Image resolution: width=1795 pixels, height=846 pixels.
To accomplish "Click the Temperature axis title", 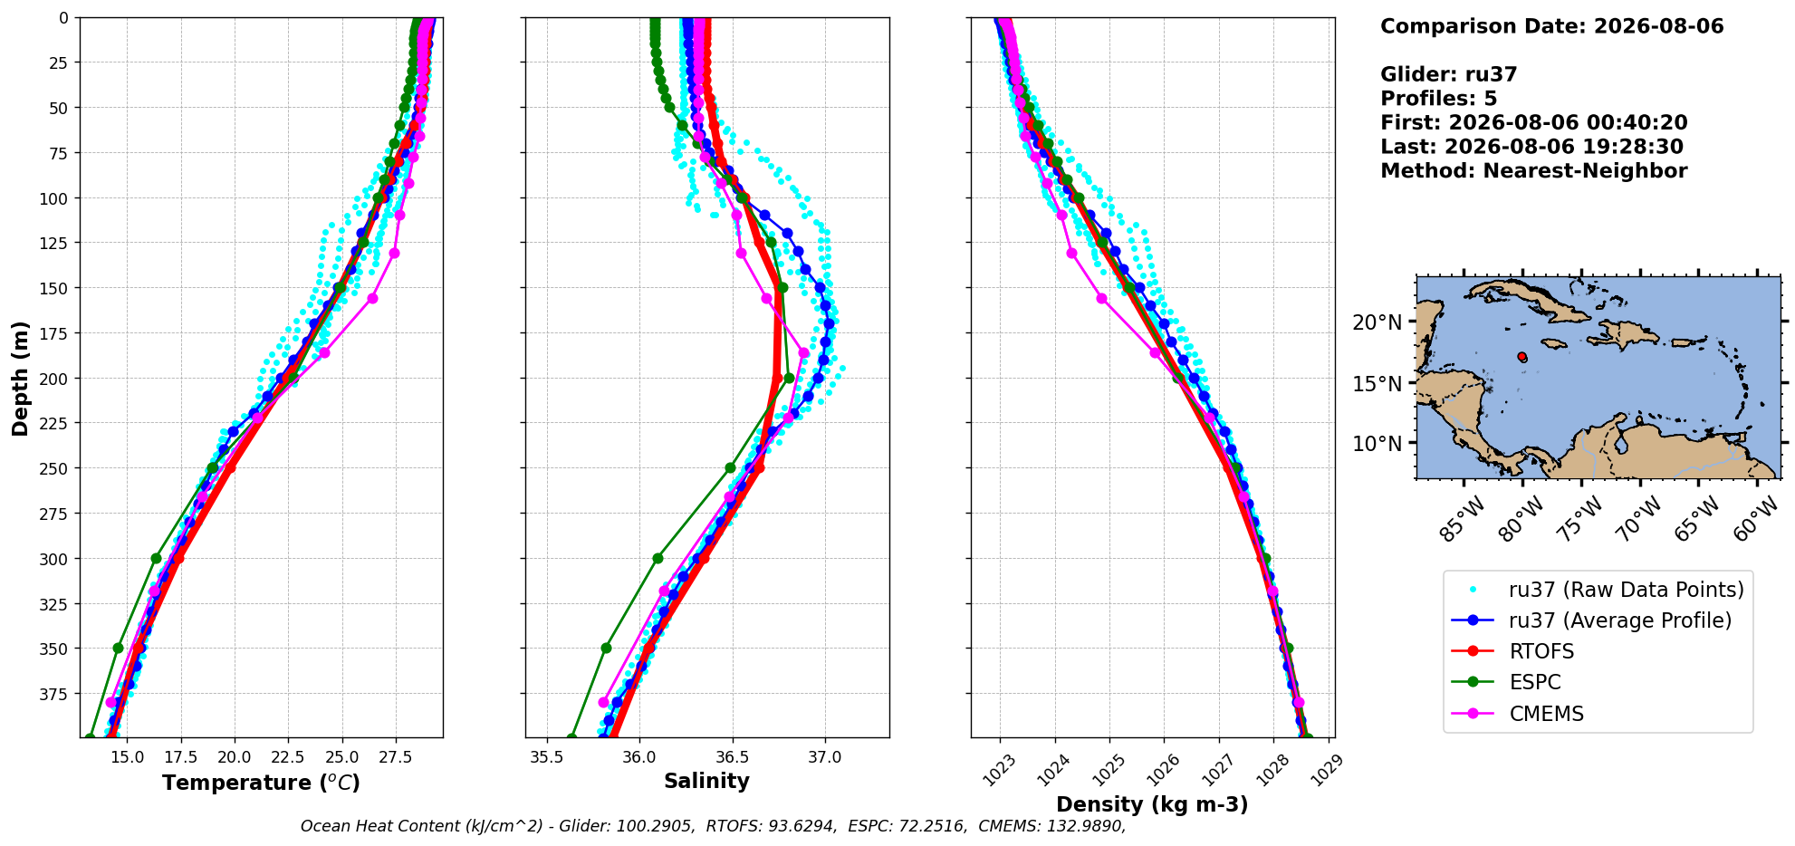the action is pyautogui.click(x=261, y=783).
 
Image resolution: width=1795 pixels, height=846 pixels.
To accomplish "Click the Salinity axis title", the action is pyautogui.click(x=706, y=781).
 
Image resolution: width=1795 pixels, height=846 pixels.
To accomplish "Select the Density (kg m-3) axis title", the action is pyautogui.click(x=1152, y=804).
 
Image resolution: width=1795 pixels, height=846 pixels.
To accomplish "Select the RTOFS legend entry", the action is pyautogui.click(x=1541, y=651).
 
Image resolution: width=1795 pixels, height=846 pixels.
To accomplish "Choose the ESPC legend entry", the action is pyautogui.click(x=1535, y=682).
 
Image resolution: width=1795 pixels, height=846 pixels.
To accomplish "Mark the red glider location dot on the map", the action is pyautogui.click(x=1521, y=357).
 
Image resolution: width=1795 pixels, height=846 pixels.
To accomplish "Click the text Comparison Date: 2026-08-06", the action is pyautogui.click(x=1551, y=26).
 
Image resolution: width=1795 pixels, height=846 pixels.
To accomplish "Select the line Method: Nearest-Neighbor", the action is pyautogui.click(x=1533, y=171).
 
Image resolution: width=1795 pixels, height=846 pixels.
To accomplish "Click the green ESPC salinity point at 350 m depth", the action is pyautogui.click(x=606, y=648).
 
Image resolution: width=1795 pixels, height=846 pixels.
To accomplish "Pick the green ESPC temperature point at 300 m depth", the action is pyautogui.click(x=156, y=558).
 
